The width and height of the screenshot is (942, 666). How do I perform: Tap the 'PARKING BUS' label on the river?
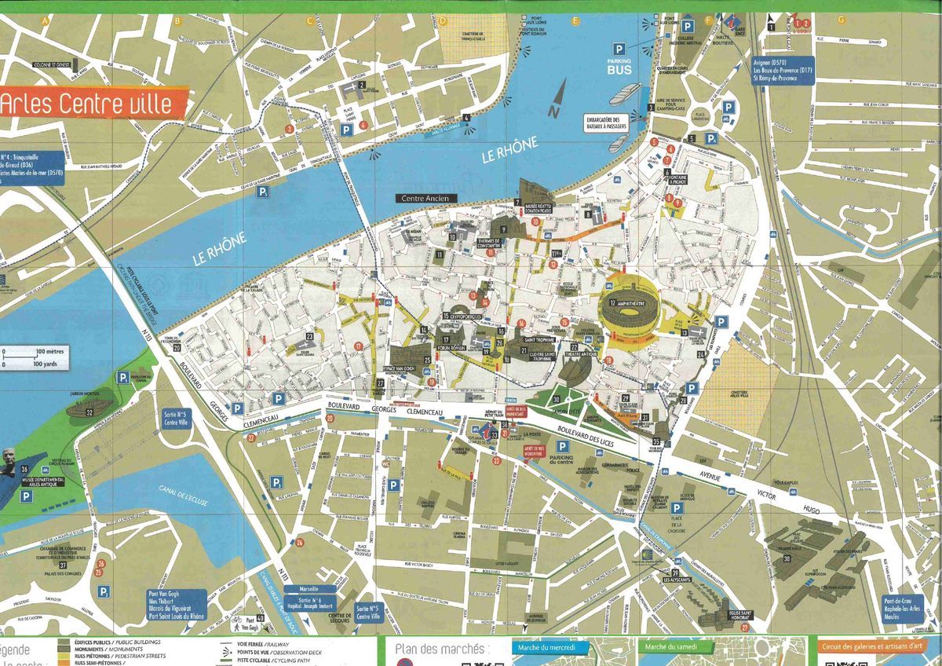point(619,65)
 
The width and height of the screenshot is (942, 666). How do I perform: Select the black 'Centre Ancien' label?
point(425,199)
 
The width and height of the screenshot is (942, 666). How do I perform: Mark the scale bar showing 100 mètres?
point(33,358)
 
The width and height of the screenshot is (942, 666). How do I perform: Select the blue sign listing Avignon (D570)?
point(763,70)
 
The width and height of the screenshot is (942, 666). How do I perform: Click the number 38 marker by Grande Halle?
point(787,558)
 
